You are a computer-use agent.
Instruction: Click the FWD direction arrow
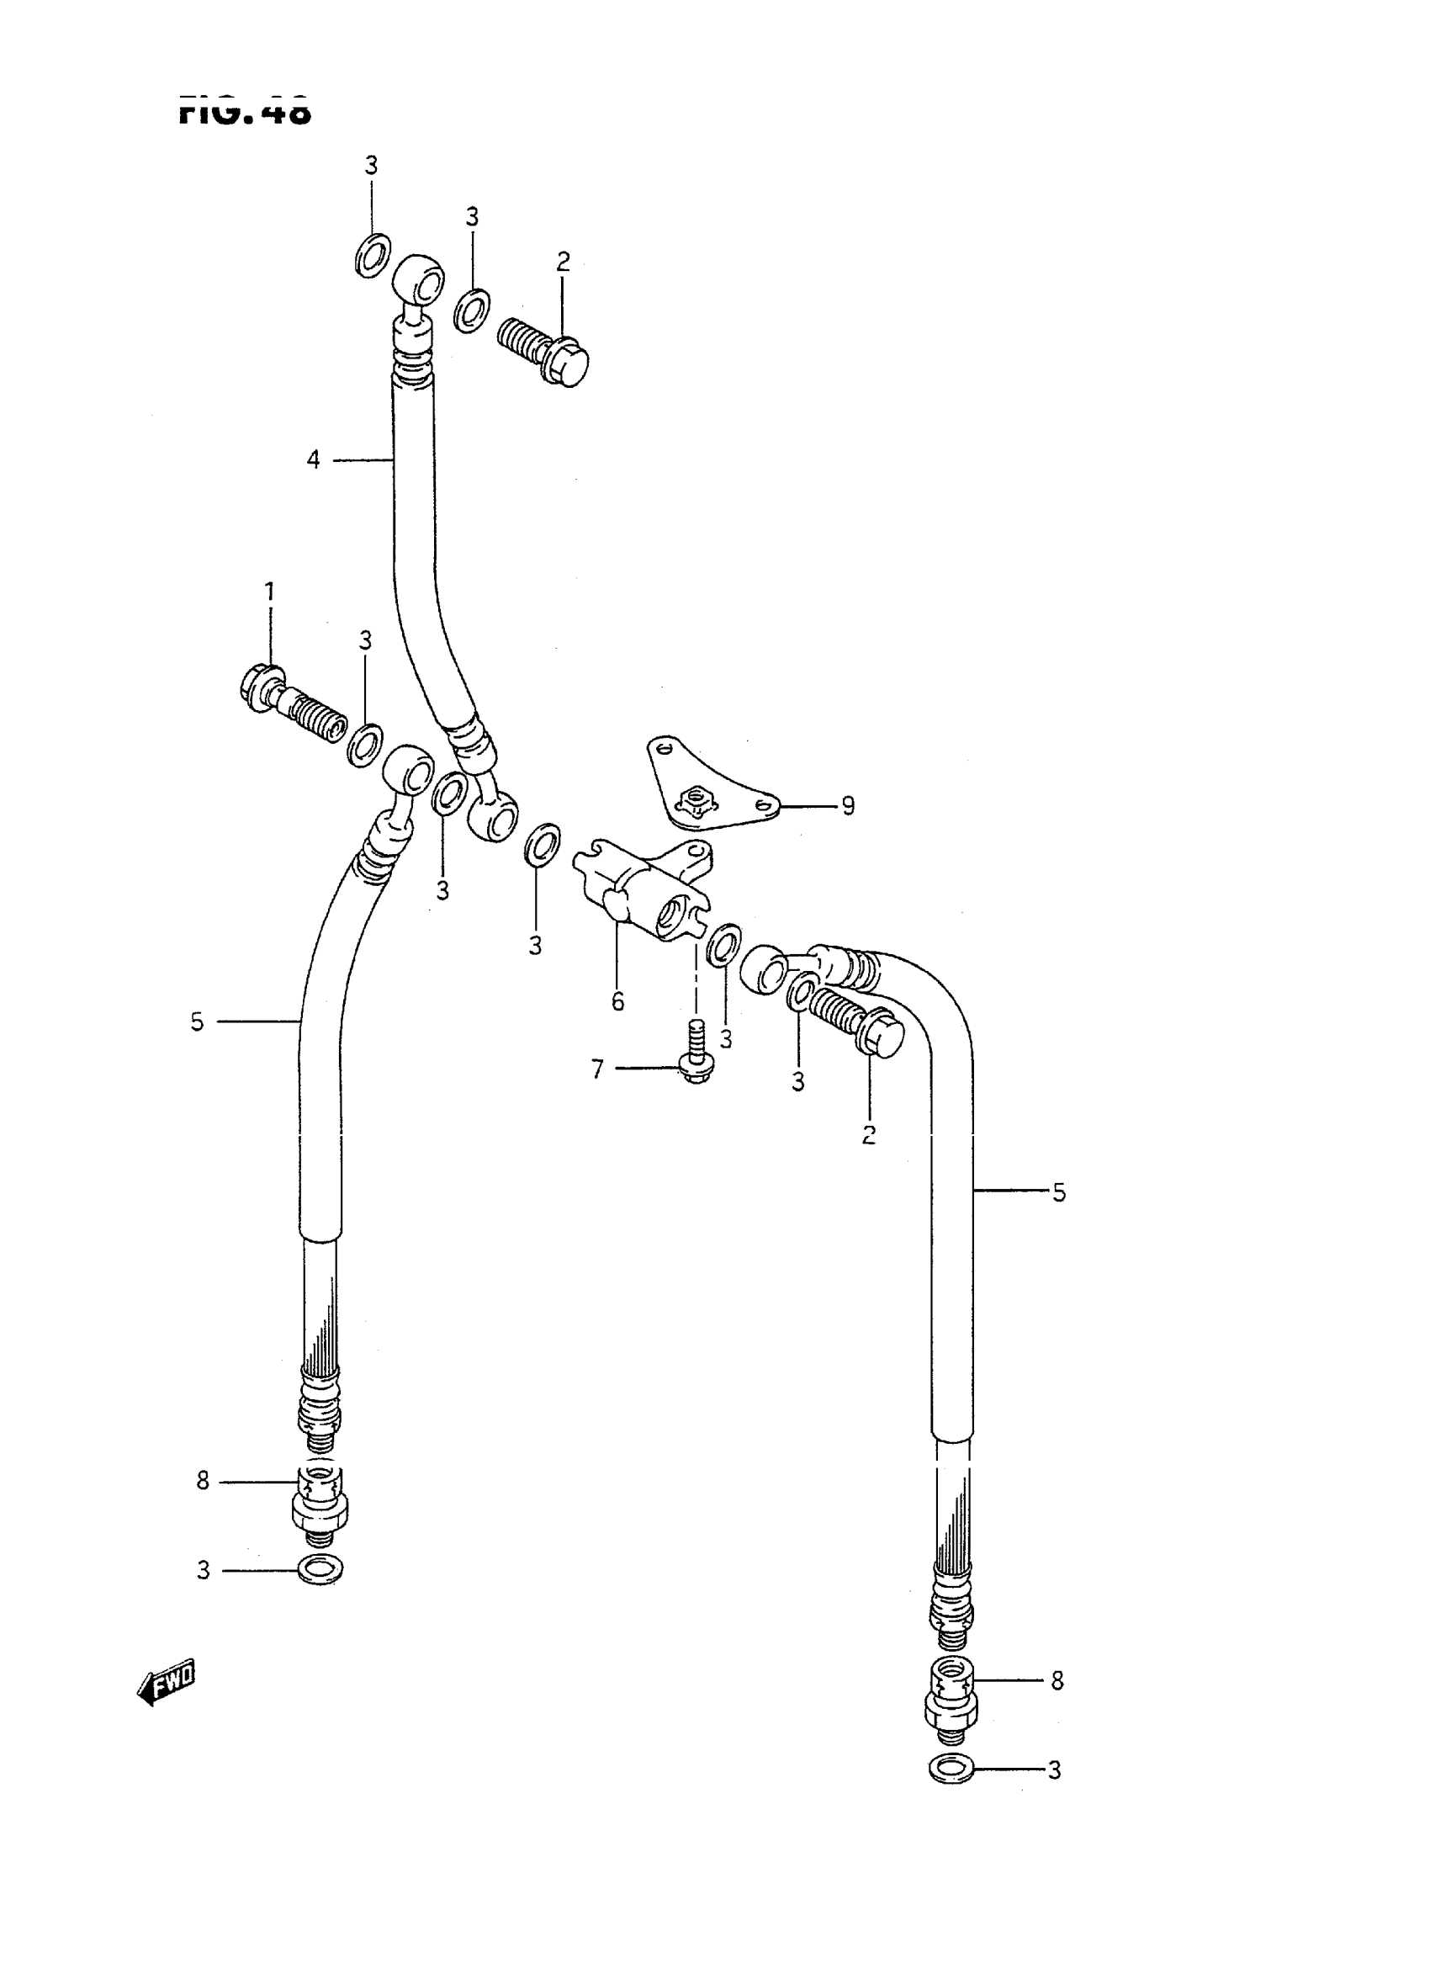click(x=167, y=1682)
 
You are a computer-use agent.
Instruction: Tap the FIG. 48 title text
click(x=245, y=112)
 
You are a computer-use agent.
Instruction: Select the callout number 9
click(x=848, y=806)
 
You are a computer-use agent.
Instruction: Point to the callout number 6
click(x=617, y=1002)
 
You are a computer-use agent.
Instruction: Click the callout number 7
click(x=597, y=1069)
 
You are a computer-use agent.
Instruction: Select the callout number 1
click(x=269, y=592)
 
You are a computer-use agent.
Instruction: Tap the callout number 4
click(x=314, y=459)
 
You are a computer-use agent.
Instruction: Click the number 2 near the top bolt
click(x=564, y=262)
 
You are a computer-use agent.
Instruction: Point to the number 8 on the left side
click(x=203, y=1482)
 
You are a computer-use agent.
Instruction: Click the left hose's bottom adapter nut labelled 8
click(x=321, y=1497)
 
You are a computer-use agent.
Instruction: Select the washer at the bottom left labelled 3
click(x=320, y=1569)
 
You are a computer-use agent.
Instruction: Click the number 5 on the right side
click(x=1059, y=1192)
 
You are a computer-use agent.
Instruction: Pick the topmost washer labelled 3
click(x=373, y=256)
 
